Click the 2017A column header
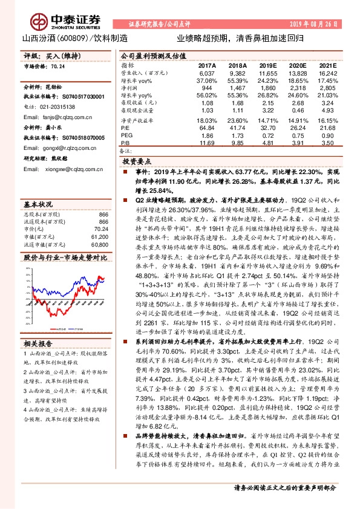207,64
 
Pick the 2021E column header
328,64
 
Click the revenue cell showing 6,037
207,73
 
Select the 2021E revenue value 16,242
327,73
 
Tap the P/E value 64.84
207,129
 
